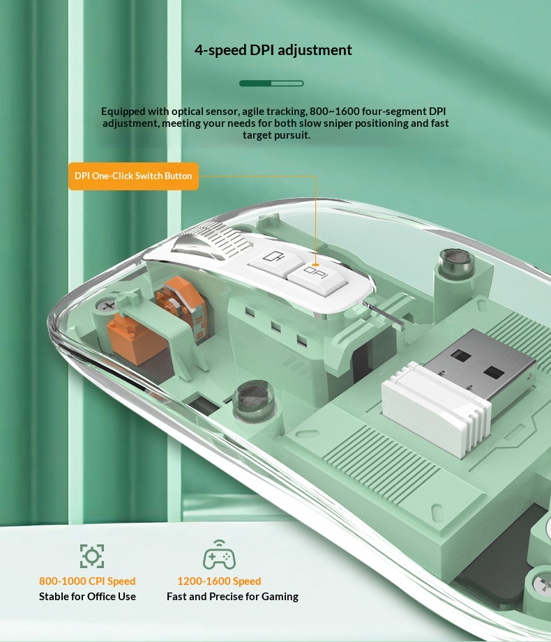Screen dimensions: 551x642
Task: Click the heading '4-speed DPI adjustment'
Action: (273, 50)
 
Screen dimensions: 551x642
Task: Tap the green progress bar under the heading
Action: (271, 84)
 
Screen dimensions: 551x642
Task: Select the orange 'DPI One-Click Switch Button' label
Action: (133, 176)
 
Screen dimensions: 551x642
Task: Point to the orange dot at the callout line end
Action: (315, 265)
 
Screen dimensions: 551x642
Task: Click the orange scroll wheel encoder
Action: (180, 305)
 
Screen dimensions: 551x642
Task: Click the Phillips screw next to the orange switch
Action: (108, 306)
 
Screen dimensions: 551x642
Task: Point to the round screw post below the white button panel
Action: (254, 399)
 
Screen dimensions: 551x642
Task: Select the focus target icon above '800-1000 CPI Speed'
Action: (92, 556)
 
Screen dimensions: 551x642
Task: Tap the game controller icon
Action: (219, 555)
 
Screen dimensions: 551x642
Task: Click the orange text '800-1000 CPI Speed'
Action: (87, 581)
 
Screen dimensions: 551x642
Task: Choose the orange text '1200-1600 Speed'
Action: (219, 581)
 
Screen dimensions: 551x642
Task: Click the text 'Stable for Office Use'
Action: (87, 597)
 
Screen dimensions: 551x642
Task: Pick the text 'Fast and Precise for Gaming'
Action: (232, 597)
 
